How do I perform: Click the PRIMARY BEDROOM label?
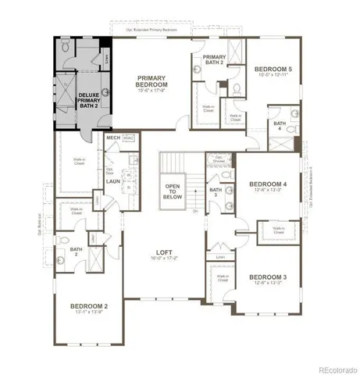[154, 83]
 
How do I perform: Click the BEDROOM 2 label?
[89, 306]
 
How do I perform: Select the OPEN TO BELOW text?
[173, 191]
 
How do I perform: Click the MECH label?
[112, 138]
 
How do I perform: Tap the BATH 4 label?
[279, 126]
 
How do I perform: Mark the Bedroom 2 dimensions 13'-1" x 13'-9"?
[89, 312]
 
